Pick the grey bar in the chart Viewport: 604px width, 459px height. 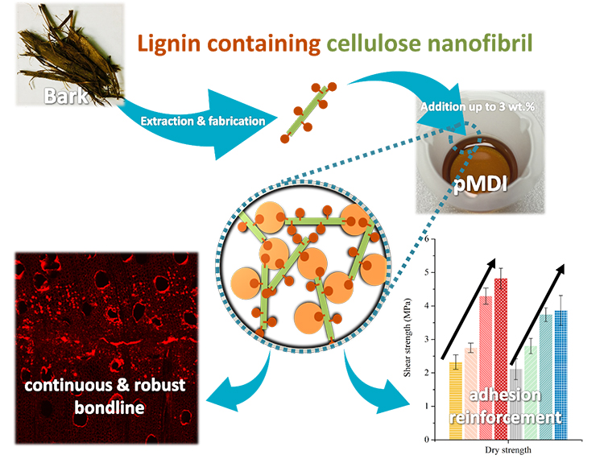pos(515,403)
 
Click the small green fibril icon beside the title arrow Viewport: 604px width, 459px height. pos(308,112)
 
